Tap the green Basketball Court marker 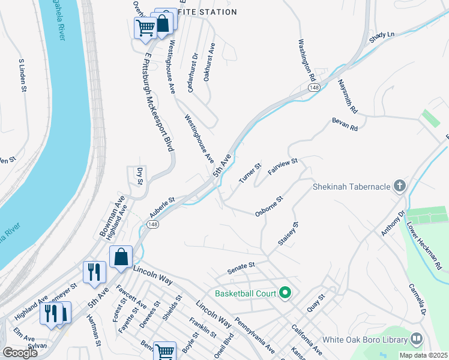[285, 293]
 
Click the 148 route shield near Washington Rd [314, 88]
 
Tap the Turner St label [250, 173]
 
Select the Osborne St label [268, 205]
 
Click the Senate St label [242, 264]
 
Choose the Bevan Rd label [345, 124]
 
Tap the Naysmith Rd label [347, 97]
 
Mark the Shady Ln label [382, 35]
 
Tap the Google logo [20, 352]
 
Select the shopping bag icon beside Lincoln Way [121, 257]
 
